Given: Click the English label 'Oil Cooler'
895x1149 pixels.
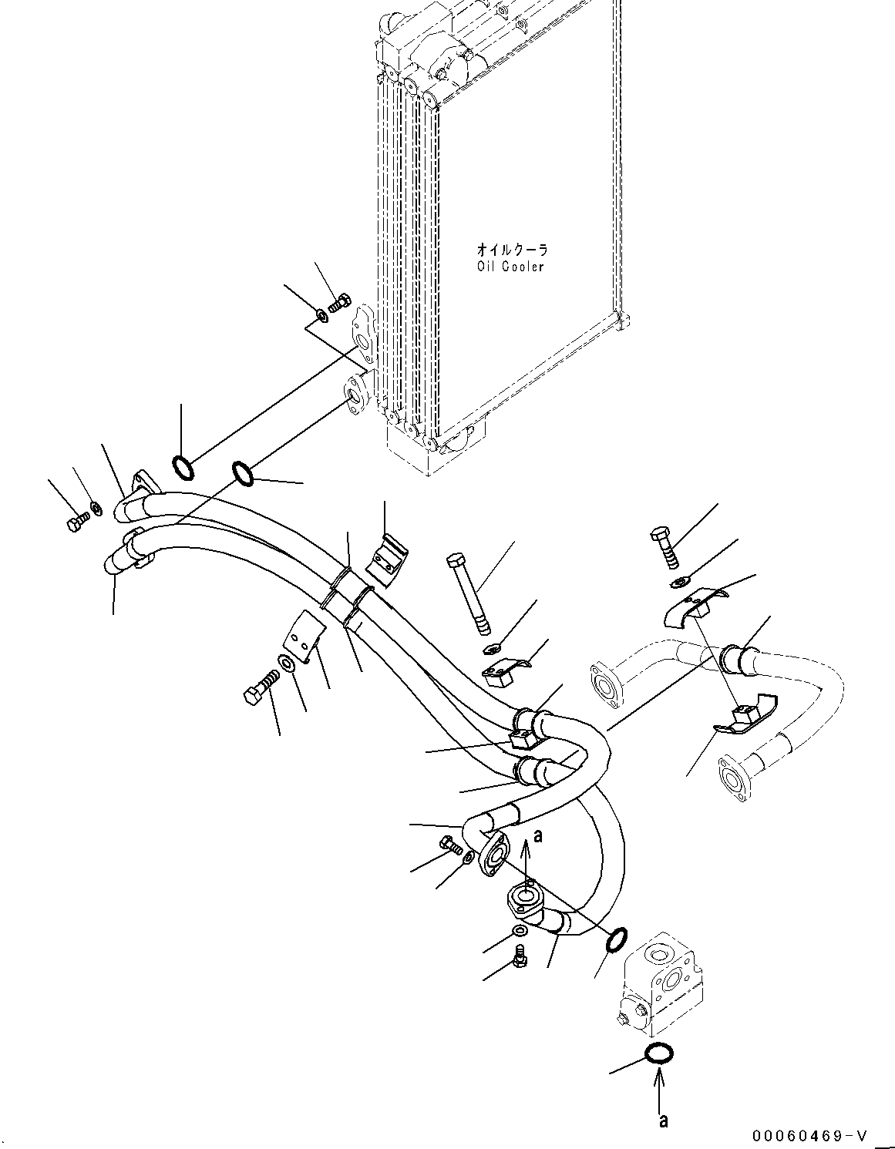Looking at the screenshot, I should point(510,267).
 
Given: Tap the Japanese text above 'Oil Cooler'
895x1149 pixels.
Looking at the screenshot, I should point(511,250).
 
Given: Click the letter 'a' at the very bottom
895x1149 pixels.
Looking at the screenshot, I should point(663,1120).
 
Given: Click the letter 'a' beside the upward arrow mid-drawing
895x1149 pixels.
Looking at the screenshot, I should point(538,835).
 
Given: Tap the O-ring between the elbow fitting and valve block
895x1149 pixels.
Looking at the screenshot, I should point(617,940).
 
